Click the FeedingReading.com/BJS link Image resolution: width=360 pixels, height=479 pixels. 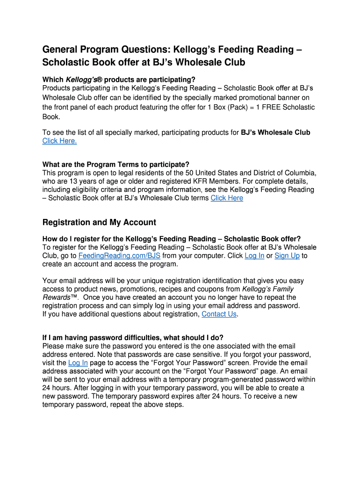119,256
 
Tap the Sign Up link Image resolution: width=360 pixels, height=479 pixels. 287,256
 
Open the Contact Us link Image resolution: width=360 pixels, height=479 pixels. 219,314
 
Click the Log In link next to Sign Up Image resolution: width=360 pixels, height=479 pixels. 254,256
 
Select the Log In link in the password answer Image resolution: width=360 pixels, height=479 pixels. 78,363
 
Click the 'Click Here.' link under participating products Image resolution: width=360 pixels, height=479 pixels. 59,141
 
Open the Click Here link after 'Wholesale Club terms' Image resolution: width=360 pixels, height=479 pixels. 227,198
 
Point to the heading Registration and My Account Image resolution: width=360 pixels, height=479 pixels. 99,222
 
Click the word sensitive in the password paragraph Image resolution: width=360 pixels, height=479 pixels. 171,355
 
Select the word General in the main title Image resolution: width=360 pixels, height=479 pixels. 62,50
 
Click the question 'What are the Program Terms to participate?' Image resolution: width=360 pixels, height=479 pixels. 116,164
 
